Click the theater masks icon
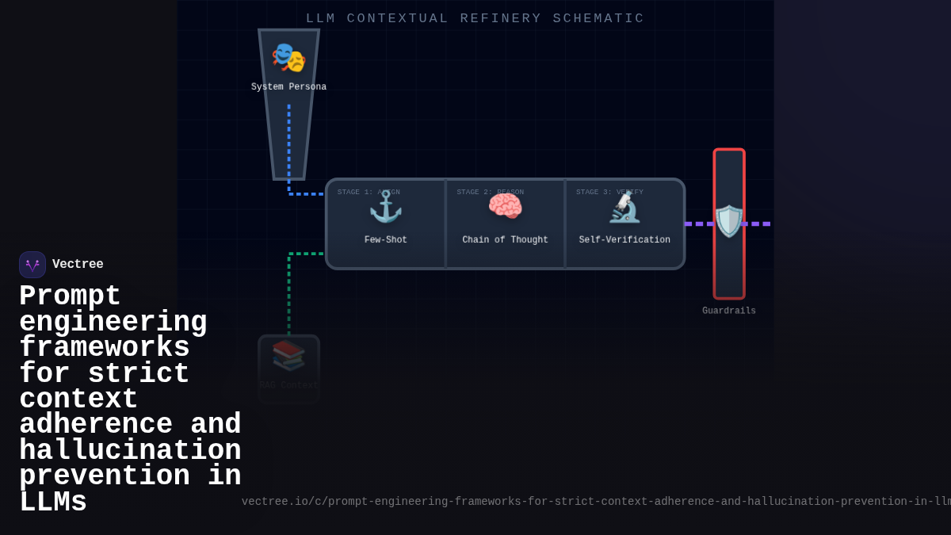pos(288,57)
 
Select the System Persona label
pos(288,87)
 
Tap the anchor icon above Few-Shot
pos(386,207)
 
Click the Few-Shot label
pos(386,240)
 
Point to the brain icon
pos(505,207)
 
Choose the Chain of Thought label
pos(505,240)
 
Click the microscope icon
pos(624,208)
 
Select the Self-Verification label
pos(624,240)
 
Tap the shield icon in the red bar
pos(728,222)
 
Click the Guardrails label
pos(728,311)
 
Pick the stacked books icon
pos(288,356)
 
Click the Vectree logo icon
pos(32,265)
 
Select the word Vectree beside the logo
pos(78,265)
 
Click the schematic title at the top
pos(475,18)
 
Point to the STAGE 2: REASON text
pos(490,192)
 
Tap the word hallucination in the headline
pos(130,451)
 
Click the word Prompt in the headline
pos(70,296)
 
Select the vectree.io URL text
pos(594,502)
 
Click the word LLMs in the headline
pos(53,503)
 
